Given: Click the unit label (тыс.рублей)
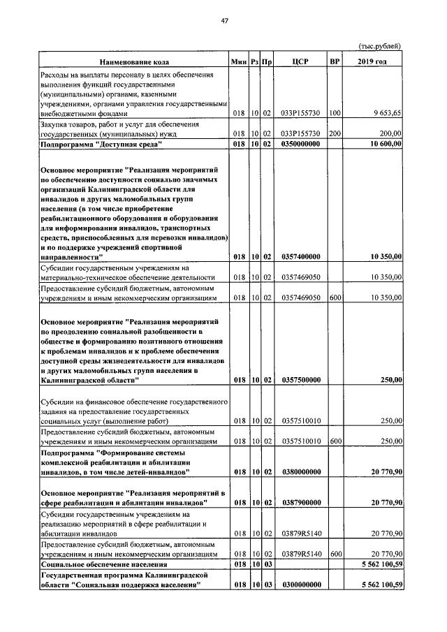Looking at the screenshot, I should (x=380, y=46).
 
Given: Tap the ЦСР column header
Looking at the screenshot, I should (x=300, y=63).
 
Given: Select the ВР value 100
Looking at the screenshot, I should (x=335, y=112).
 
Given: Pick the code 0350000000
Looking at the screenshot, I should (x=300, y=144).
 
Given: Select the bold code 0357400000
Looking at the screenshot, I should (x=300, y=258).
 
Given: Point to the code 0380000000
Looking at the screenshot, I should (x=300, y=473).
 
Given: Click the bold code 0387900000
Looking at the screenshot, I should (x=300, y=503).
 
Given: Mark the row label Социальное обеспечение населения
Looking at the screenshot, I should (x=104, y=564).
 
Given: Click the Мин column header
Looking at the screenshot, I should (x=240, y=63).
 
